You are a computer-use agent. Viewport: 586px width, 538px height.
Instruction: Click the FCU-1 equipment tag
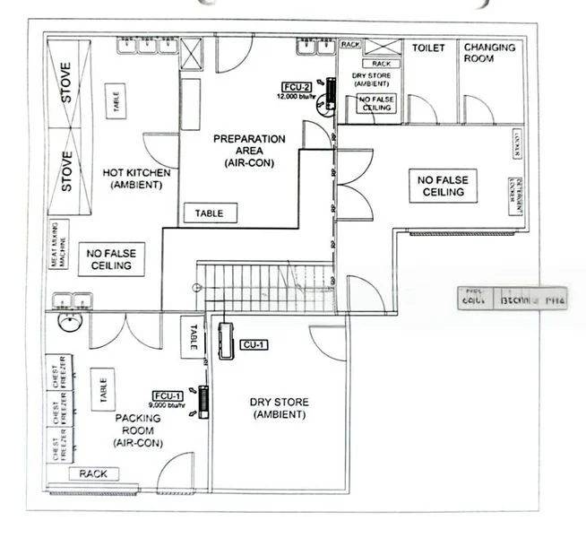click(x=168, y=395)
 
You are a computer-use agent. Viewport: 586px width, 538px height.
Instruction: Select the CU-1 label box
click(x=254, y=343)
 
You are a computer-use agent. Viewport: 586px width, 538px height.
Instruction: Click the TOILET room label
click(x=428, y=48)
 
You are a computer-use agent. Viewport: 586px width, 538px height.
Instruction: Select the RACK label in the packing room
click(x=93, y=473)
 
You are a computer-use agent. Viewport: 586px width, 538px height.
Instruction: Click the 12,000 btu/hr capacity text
click(x=298, y=95)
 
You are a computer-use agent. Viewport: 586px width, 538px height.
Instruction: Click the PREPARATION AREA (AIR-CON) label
click(x=249, y=151)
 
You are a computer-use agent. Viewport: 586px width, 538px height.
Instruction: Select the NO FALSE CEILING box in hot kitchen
click(x=110, y=259)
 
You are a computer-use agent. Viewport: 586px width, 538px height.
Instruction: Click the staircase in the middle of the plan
click(x=265, y=287)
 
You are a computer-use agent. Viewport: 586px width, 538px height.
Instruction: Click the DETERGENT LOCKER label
click(x=515, y=196)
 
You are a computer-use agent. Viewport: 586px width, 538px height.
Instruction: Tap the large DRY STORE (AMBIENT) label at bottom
click(x=280, y=408)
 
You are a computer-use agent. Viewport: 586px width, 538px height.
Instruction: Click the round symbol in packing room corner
click(x=65, y=321)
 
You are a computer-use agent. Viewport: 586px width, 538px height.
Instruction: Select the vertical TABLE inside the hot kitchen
click(x=115, y=100)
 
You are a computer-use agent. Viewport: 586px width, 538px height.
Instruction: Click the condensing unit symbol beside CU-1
click(x=225, y=341)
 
